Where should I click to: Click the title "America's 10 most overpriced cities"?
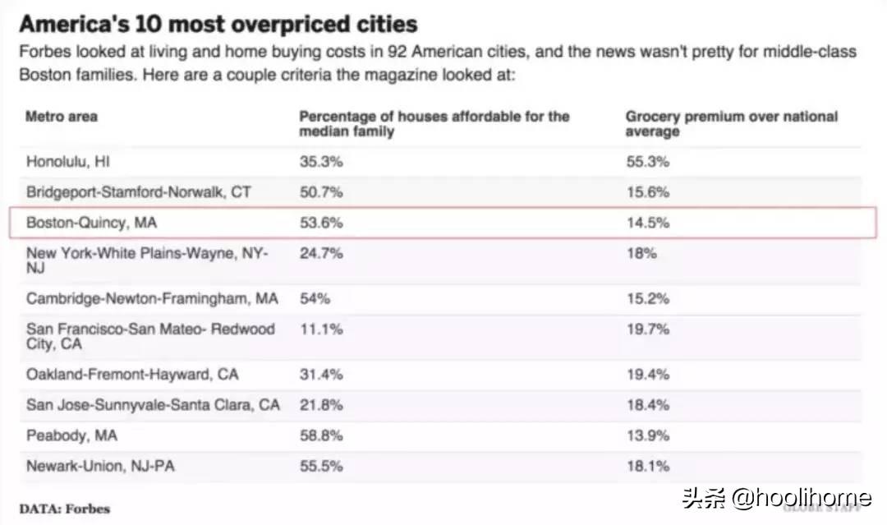click(x=218, y=24)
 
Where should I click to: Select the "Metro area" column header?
click(x=62, y=117)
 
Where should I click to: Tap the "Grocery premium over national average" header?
click(x=731, y=124)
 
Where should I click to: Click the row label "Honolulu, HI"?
click(x=68, y=162)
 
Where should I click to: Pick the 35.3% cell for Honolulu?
click(x=321, y=162)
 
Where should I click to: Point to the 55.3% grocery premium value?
click(x=647, y=162)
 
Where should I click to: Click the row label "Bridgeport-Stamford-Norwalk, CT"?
click(x=139, y=192)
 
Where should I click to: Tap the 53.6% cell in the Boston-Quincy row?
click(x=321, y=223)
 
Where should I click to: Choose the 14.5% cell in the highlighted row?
click(x=647, y=223)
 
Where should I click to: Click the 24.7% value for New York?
click(x=321, y=254)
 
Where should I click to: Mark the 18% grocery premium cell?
click(x=641, y=254)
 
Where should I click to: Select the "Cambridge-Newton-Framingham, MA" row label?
click(x=152, y=298)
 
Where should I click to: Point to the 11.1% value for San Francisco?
click(x=320, y=329)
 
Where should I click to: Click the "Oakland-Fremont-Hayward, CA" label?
click(x=132, y=375)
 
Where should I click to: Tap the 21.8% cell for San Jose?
click(x=321, y=405)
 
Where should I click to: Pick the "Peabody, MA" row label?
click(x=72, y=435)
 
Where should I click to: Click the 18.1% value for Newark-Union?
click(x=647, y=466)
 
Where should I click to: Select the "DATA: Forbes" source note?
click(x=64, y=508)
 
